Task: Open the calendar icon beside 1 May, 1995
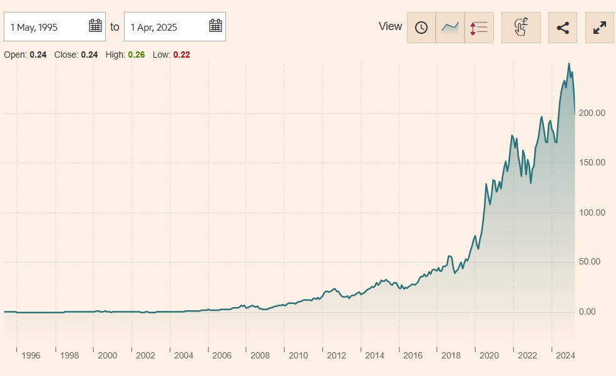point(95,26)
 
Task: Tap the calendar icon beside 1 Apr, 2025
point(215,26)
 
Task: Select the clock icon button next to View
point(421,28)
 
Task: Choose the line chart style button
point(450,28)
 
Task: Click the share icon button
point(563,28)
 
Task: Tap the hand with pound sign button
point(521,28)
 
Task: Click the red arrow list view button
point(479,28)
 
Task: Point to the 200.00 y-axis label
point(592,113)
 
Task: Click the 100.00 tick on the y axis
point(592,212)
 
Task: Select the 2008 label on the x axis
point(260,355)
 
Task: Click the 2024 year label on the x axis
point(565,355)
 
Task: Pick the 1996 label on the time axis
point(31,355)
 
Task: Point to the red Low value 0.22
point(182,55)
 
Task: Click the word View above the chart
point(390,26)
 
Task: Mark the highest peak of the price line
point(568,63)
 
